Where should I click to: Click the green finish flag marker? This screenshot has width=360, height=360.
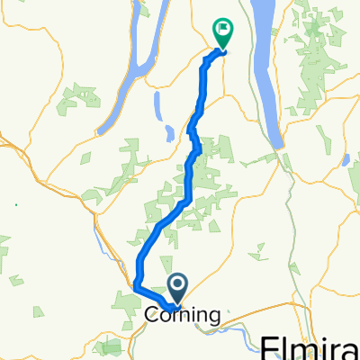[221, 33]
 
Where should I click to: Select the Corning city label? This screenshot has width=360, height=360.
[183, 315]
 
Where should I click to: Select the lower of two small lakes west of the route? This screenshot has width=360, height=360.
[168, 135]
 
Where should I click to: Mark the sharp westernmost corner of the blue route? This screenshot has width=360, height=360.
[136, 286]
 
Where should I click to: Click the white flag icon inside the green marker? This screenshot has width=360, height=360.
[221, 29]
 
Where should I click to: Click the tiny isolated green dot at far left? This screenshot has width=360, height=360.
[15, 203]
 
